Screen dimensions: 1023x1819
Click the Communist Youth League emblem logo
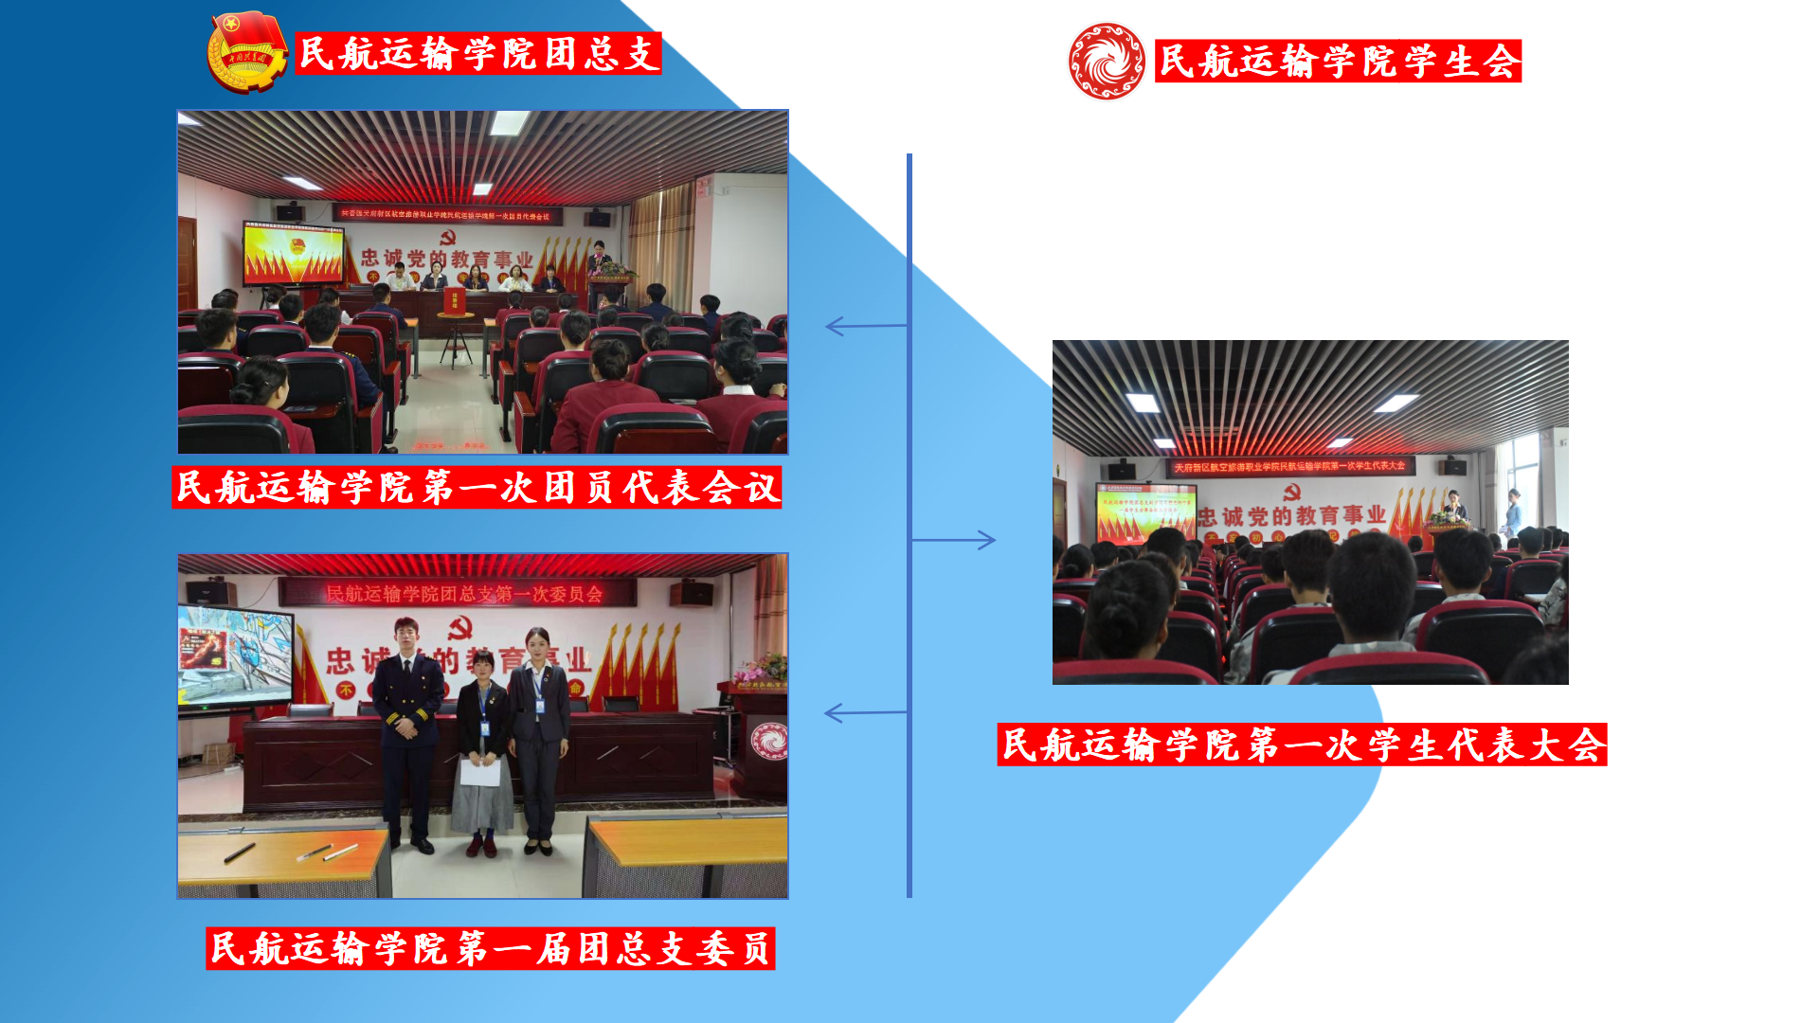246,52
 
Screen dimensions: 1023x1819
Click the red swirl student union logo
1106,61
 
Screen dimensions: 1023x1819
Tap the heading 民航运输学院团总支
478,53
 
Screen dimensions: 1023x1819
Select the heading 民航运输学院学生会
1338,62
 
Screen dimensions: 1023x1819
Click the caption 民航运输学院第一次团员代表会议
477,487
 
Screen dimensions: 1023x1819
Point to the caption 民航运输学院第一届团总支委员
490,948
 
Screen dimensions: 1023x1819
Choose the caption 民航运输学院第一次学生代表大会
1302,745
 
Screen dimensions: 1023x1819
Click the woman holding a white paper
482,748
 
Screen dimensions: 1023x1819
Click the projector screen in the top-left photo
294,254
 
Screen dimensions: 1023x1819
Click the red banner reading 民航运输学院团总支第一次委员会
463,594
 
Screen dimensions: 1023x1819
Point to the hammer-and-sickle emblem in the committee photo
460,627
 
